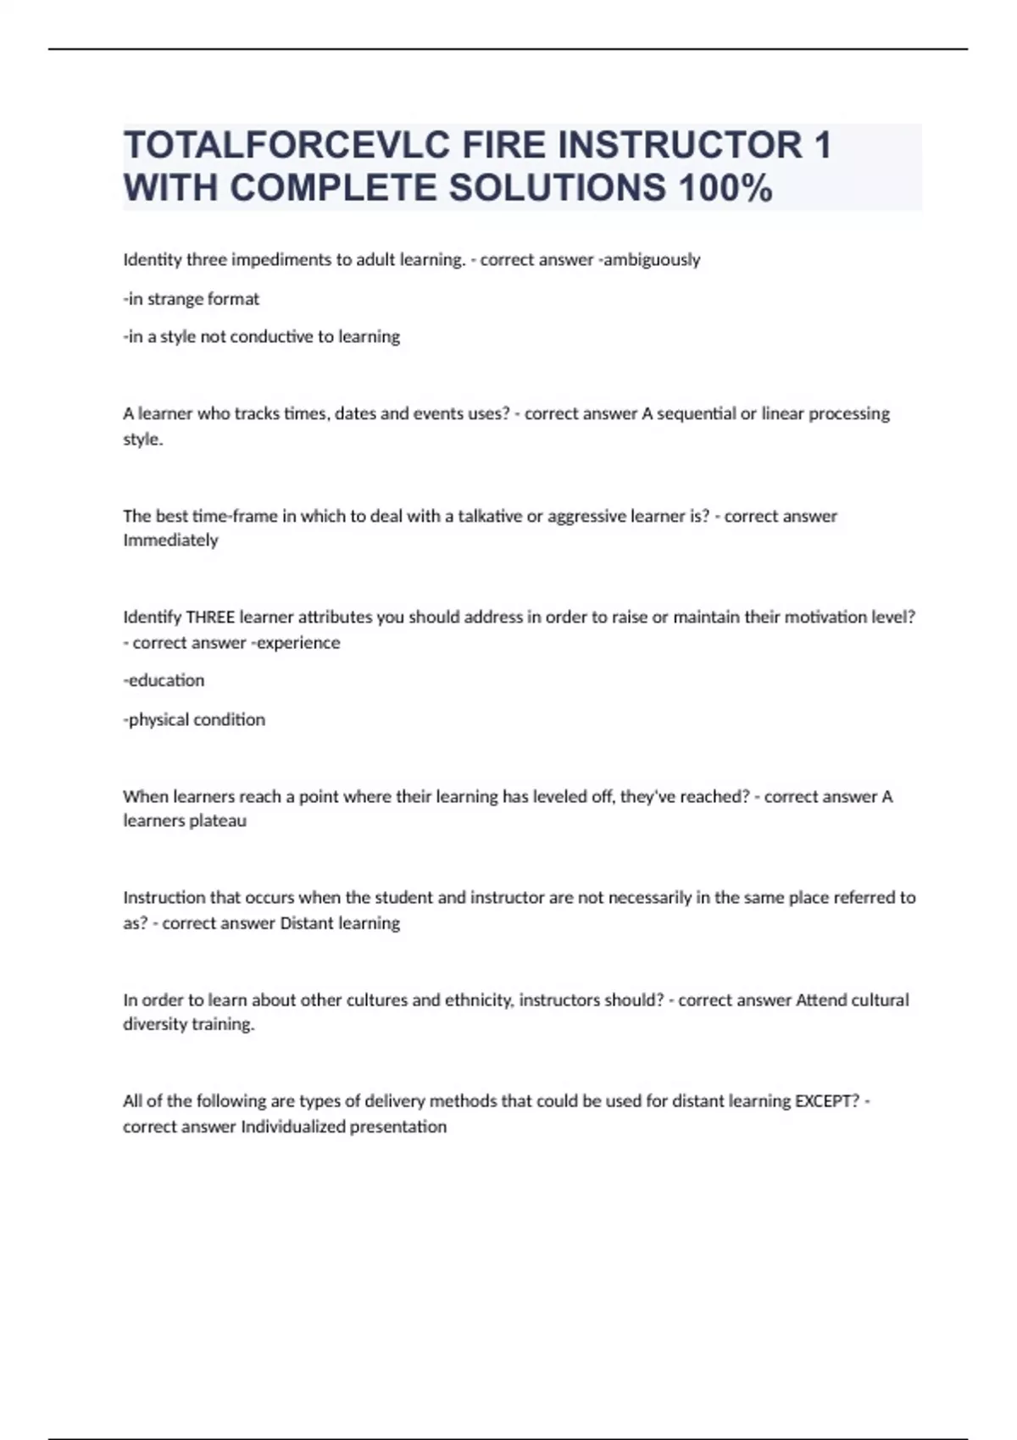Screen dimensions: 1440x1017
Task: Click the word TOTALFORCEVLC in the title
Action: click(x=286, y=145)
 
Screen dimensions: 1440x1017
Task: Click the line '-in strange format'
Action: click(x=192, y=299)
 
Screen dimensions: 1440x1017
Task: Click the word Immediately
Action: click(x=170, y=540)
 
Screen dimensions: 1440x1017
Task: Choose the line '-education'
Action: click(x=164, y=680)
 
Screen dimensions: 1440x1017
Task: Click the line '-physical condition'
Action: click(x=194, y=720)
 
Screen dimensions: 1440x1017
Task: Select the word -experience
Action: click(x=295, y=643)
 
